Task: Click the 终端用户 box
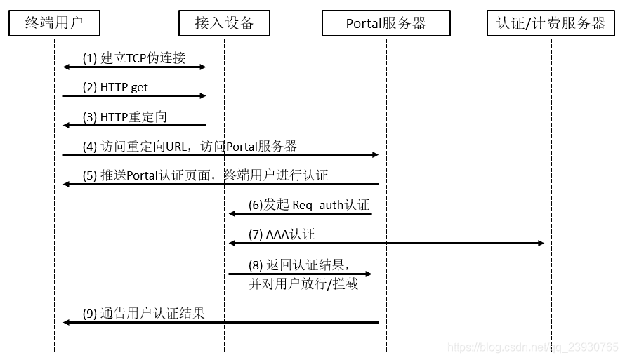(54, 23)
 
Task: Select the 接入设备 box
(224, 23)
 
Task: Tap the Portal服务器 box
(386, 23)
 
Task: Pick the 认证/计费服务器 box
(551, 23)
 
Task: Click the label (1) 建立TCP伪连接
(134, 58)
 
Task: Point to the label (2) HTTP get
(115, 87)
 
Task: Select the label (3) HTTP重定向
(124, 116)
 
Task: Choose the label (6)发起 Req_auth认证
(308, 205)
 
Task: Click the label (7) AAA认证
(281, 234)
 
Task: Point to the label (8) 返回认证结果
(298, 265)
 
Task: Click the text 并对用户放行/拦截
(303, 284)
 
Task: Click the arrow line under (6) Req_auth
(300, 213)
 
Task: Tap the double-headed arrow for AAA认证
(386, 243)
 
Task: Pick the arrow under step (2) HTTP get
(133, 95)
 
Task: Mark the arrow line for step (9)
(221, 322)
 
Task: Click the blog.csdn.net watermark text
(533, 347)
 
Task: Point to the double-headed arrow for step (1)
(133, 67)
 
